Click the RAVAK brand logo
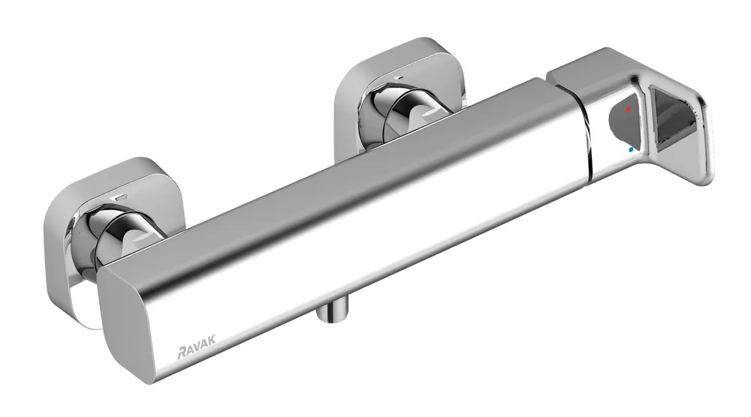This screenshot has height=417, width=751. tap(196, 346)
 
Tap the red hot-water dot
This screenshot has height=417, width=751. tap(628, 109)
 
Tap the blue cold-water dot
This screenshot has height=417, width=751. tap(630, 150)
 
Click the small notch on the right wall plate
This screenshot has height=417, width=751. tap(398, 76)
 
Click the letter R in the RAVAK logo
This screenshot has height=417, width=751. tap(182, 353)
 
